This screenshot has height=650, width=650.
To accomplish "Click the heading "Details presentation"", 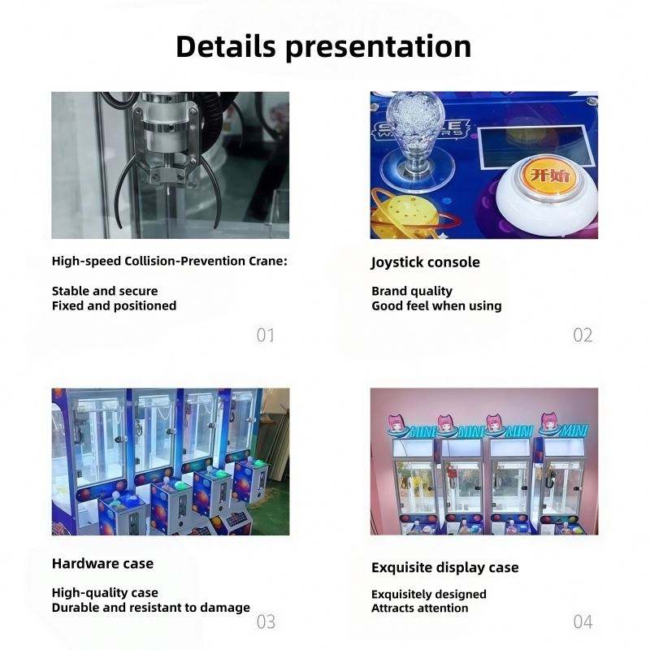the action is click(323, 46).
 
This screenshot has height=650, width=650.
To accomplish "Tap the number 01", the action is click(266, 335).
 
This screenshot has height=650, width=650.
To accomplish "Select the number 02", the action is click(583, 335).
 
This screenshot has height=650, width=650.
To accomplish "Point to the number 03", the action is click(266, 622).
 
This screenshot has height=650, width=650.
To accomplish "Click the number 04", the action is click(583, 622).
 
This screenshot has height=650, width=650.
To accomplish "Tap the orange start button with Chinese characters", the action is click(549, 175).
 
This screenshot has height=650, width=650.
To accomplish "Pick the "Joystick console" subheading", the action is click(425, 262).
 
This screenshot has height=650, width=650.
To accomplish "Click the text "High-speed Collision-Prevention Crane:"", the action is click(170, 261).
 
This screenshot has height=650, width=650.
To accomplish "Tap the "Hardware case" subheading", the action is click(102, 564).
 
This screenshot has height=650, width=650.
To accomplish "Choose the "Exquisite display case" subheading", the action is click(444, 567).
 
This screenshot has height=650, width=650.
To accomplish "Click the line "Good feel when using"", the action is click(436, 306).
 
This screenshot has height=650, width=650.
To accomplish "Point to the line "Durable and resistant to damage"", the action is click(151, 608).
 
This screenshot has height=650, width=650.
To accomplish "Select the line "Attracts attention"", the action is click(419, 608).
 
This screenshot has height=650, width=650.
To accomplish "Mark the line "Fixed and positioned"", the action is click(114, 306).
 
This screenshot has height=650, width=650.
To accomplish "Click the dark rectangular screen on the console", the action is click(535, 146).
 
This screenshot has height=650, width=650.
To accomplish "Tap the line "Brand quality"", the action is click(412, 291).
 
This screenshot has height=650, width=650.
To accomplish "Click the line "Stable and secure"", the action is click(105, 291).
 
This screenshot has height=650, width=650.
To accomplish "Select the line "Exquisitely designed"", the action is click(429, 595).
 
